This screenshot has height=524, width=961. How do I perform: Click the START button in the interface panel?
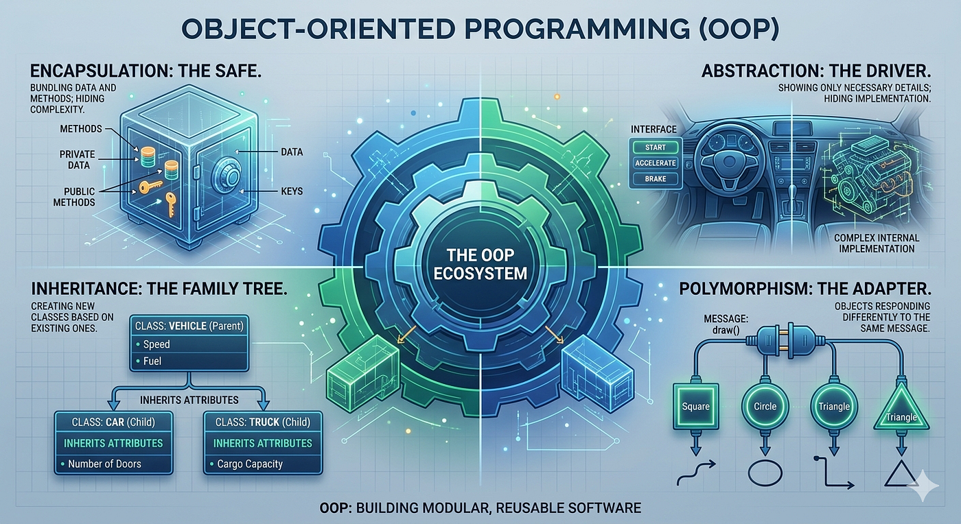coord(655,147)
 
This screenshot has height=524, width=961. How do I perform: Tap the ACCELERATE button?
coord(655,163)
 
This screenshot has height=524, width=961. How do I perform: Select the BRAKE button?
coord(655,179)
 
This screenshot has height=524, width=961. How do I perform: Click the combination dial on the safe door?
coord(227,175)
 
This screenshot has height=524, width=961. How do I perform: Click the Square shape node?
coord(696,406)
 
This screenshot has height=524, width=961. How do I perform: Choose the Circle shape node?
coord(765,406)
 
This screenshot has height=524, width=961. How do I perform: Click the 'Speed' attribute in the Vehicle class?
coord(157,344)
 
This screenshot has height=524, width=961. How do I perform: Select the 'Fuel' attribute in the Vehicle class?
coord(152,361)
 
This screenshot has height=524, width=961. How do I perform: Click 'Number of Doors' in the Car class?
coord(104,464)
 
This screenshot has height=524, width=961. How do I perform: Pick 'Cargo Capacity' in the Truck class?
coord(250,464)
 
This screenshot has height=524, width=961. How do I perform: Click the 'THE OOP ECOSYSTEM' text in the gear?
coord(480,264)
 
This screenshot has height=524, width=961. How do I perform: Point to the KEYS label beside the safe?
coord(292,191)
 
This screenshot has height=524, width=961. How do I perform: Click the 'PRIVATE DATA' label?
coord(78,160)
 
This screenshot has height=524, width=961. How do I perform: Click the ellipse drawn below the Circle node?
coord(765,473)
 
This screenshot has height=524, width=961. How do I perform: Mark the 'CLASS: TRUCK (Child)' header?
coord(262,422)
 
